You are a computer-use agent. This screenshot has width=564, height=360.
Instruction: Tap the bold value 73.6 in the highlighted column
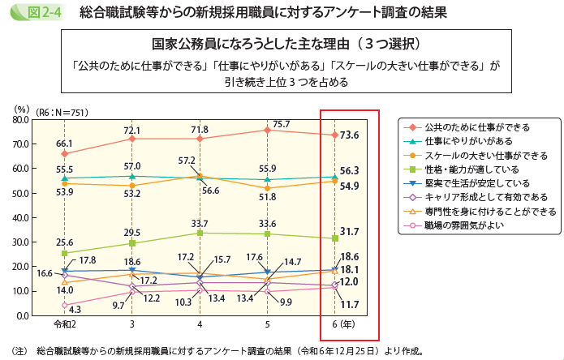click(350, 135)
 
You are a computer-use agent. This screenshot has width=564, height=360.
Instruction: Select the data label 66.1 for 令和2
click(64, 144)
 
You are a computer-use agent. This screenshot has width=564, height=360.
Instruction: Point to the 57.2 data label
click(187, 161)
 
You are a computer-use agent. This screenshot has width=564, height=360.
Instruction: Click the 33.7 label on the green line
click(200, 225)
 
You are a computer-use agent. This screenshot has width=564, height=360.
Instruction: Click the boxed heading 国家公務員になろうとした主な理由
click(281, 43)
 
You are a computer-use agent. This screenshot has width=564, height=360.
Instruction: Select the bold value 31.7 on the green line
click(350, 232)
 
